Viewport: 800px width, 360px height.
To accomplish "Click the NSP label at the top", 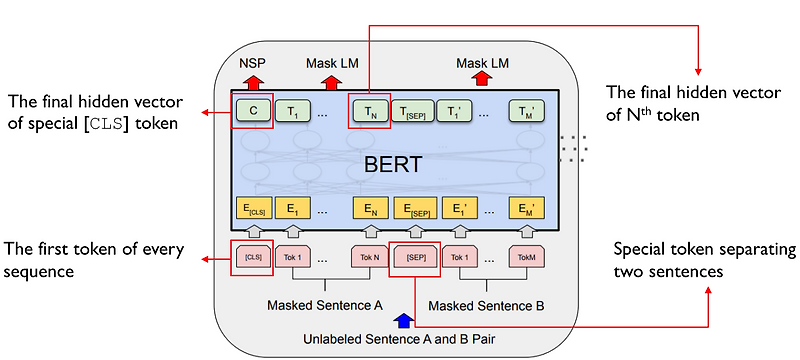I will [252, 63].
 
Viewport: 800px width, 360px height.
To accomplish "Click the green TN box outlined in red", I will [369, 110].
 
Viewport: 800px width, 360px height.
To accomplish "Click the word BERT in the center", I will [391, 164].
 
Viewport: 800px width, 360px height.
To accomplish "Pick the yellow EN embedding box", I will [369, 211].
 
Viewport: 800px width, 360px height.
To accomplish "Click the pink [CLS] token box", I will [251, 257].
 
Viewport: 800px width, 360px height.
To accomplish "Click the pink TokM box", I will [527, 257].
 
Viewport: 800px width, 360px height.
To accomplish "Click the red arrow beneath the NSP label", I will [252, 81].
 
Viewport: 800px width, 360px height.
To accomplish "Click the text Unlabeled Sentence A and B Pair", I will [398, 340].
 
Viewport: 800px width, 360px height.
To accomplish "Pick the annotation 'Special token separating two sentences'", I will [704, 259].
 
